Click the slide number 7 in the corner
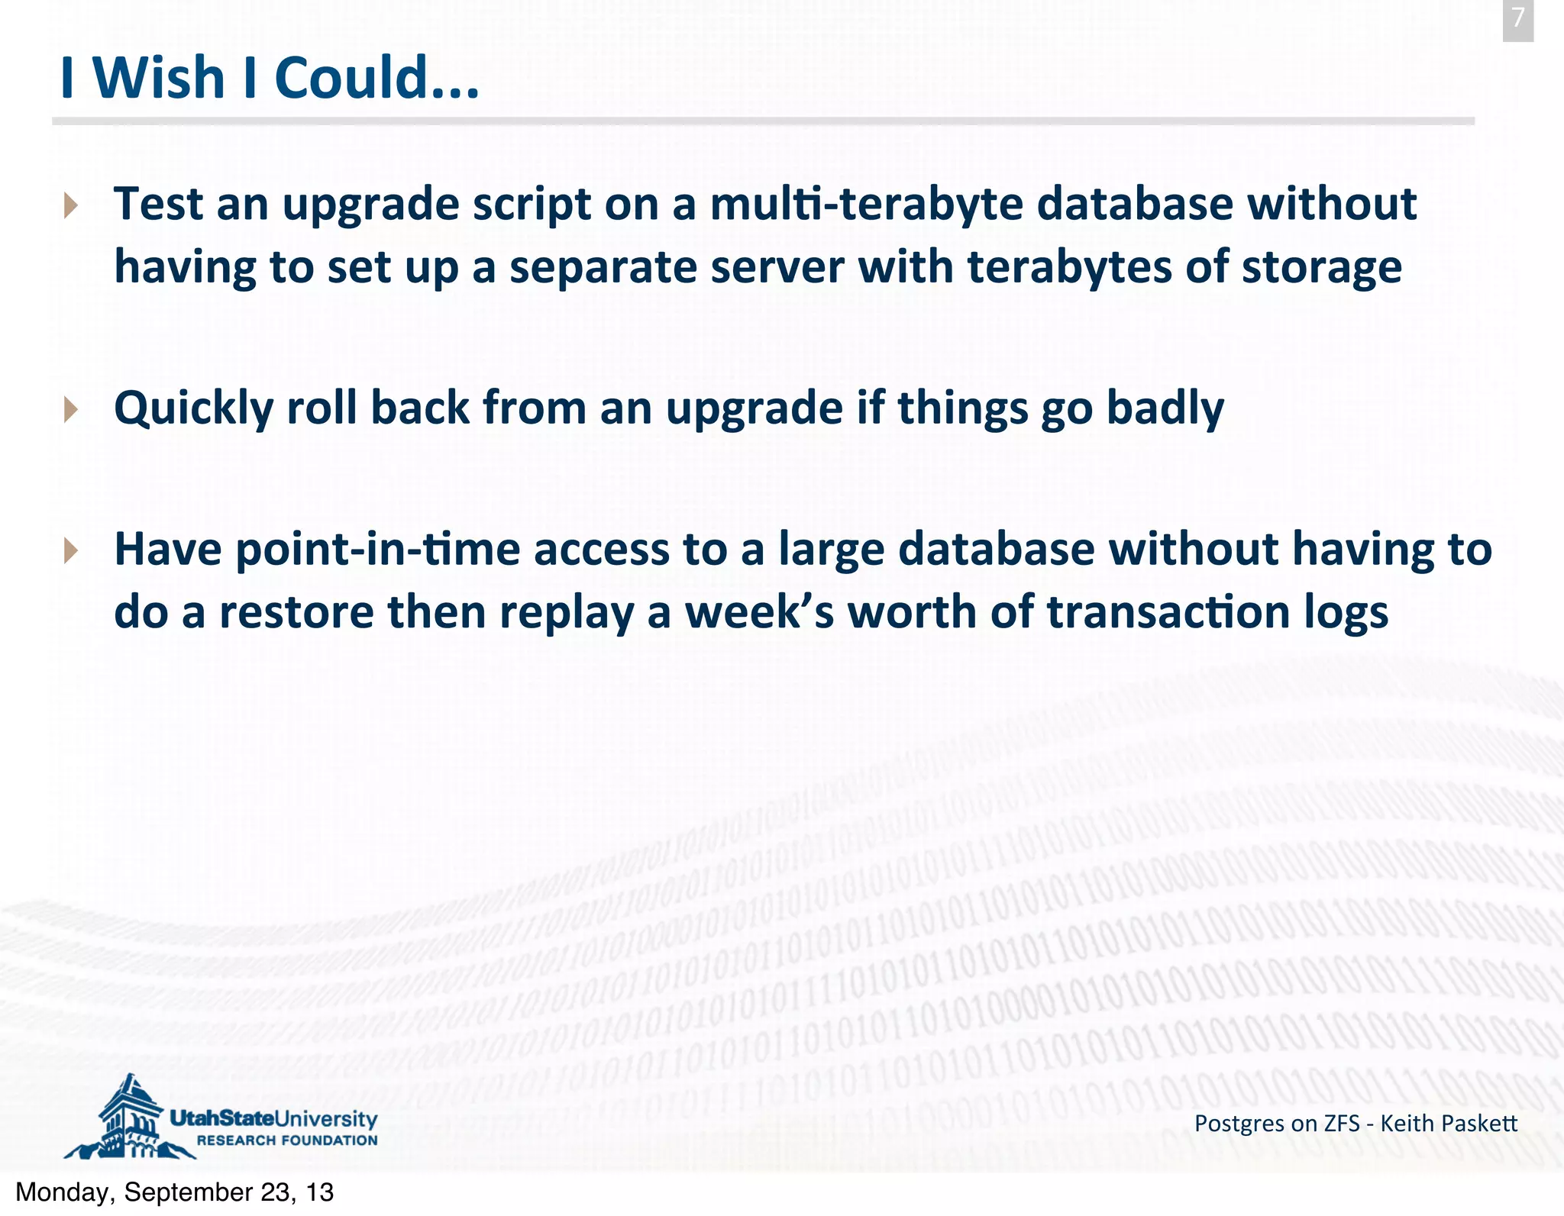(x=1517, y=18)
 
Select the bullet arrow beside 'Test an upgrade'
(x=71, y=205)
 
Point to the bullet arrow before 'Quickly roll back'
(x=71, y=409)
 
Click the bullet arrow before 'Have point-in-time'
(x=71, y=550)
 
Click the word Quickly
(x=193, y=409)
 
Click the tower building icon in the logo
(x=128, y=1118)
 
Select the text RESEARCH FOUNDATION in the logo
(x=287, y=1140)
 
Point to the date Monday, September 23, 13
(x=175, y=1192)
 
